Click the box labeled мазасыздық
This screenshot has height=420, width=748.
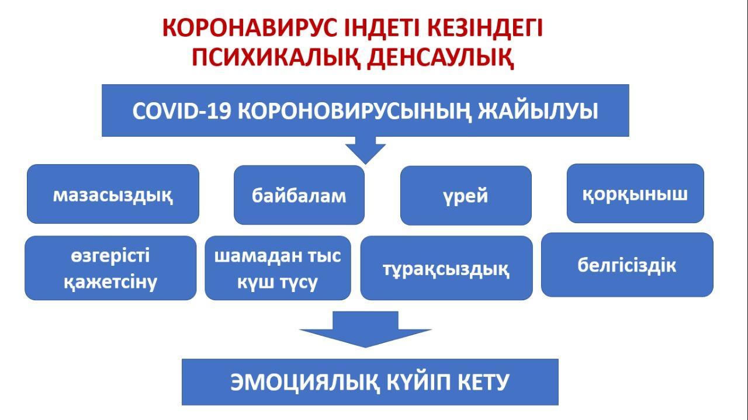click(113, 194)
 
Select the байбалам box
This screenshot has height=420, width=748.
click(299, 195)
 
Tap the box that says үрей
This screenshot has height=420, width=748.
click(465, 196)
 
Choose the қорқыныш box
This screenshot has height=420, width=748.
click(635, 193)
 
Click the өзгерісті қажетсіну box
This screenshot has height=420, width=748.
click(110, 268)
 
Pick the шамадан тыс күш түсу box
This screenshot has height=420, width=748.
click(278, 268)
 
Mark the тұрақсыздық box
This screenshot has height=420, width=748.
click(446, 268)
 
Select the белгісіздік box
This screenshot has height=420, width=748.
click(627, 265)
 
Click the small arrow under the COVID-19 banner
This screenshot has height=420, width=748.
click(365, 151)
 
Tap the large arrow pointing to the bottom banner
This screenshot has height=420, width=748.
click(365, 330)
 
